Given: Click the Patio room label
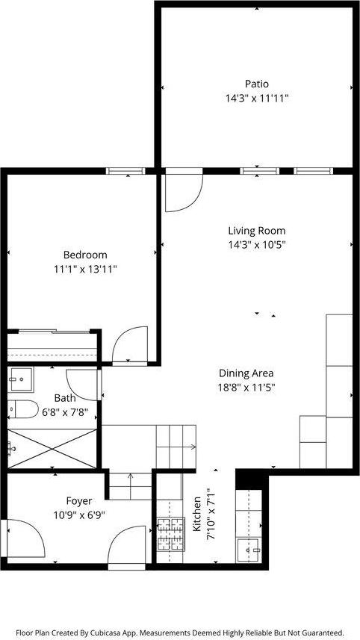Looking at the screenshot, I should click(256, 84).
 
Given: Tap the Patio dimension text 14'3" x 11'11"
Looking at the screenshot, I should click(256, 98).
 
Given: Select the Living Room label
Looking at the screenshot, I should click(256, 231).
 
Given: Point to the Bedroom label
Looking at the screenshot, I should click(84, 255).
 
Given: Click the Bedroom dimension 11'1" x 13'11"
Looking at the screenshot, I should click(84, 269).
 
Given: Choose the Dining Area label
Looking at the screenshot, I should click(246, 373).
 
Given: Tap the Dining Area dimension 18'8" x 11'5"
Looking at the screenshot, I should click(246, 388).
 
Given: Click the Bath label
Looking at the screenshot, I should click(64, 399).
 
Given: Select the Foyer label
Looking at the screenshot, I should click(79, 501).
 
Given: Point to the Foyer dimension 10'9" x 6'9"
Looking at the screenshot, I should click(79, 515).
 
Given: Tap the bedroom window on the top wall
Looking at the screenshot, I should click(125, 171).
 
